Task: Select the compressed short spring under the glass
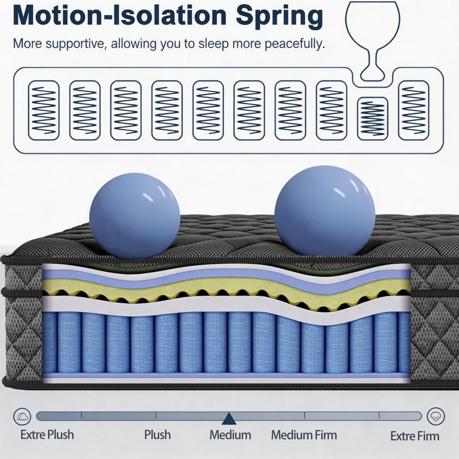pos(373,119)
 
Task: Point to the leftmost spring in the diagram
pos(43,110)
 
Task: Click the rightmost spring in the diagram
pos(414,110)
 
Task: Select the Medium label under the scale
pos(230,435)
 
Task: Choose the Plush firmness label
pos(157,435)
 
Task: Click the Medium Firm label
pos(304,435)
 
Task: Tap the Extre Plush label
pos(47,435)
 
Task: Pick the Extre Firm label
pos(415,436)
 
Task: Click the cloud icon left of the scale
pos(22,416)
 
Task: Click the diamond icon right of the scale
pos(436,416)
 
